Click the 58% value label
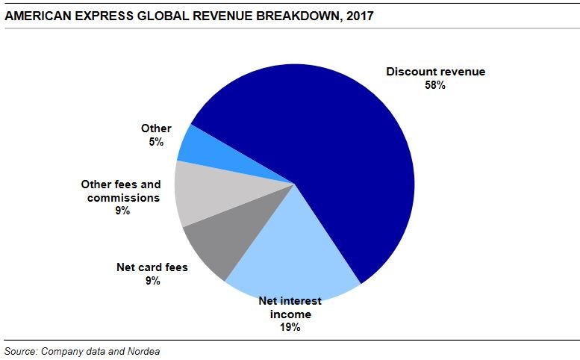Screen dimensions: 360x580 point(435,85)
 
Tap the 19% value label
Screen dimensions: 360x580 point(290,326)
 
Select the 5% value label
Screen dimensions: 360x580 point(156,141)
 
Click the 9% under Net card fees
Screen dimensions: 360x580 point(153,280)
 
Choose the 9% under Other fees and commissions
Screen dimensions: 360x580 point(122,211)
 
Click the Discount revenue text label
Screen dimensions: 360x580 point(435,72)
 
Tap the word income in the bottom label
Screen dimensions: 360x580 point(290,314)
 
